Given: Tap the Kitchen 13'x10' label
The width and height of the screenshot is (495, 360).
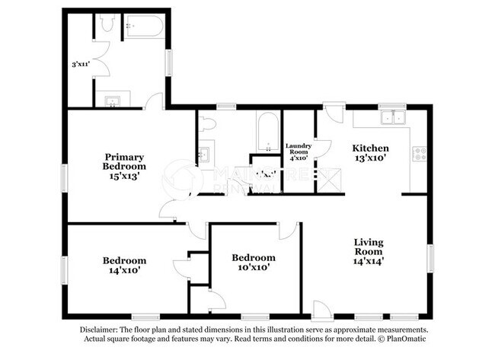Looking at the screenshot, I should point(371,153).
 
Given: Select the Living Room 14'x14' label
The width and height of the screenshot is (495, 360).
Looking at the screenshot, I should point(368,251).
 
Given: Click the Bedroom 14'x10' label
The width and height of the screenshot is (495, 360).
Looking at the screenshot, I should point(124,264).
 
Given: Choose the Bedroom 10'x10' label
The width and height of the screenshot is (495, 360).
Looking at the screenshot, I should point(254,262).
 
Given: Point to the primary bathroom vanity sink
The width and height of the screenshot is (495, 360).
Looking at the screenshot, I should point(113,99).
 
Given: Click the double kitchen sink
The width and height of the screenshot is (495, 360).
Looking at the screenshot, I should point(394,117).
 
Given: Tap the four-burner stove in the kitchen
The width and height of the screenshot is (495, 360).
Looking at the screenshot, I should point(419,155).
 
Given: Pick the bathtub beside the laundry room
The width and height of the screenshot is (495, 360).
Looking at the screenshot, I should point(267,132).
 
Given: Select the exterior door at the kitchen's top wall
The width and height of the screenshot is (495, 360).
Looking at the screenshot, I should point(334,115).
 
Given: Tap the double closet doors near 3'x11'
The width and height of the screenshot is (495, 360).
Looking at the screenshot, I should point(97,65).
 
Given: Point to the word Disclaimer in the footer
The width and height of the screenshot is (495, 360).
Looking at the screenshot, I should point(101,330).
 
